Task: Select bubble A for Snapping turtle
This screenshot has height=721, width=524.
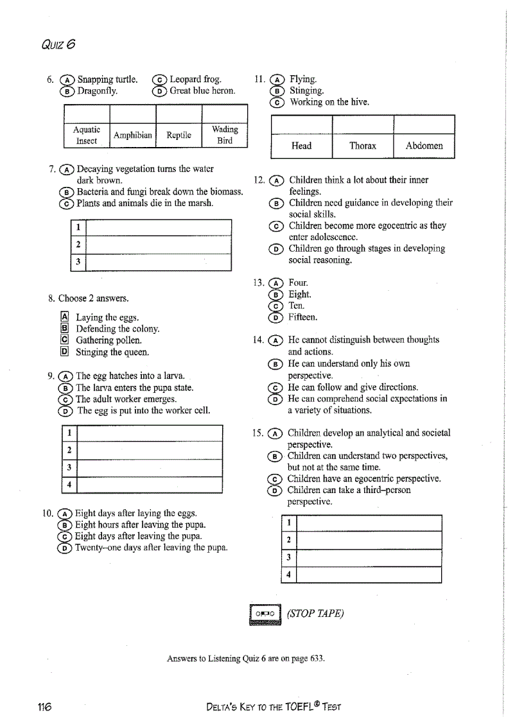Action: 66,80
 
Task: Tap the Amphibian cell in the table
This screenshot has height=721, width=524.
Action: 133,135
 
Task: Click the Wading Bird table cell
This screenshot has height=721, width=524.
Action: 224,135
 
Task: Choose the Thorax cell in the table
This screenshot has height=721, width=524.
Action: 362,146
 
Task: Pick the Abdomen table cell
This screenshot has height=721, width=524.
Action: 424,146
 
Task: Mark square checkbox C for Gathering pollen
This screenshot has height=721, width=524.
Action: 64,340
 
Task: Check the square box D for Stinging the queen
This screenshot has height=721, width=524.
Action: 64,352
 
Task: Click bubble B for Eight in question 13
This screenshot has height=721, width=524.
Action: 277,295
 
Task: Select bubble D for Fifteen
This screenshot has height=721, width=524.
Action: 277,318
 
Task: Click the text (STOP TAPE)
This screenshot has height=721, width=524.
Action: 315,613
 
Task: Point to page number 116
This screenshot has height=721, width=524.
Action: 44,707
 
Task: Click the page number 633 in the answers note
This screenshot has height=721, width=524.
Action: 316,659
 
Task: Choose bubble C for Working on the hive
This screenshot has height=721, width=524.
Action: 277,103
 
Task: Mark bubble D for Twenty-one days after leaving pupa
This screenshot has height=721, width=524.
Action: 65,548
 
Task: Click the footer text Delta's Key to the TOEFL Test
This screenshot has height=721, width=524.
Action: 273,707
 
